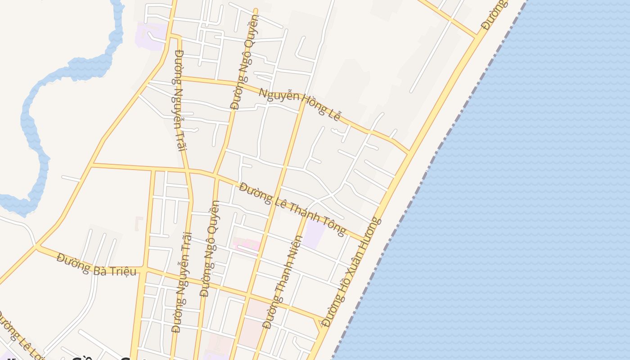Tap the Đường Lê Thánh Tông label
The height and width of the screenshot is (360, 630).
tap(292, 209)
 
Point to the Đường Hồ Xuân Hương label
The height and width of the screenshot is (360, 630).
tap(352, 272)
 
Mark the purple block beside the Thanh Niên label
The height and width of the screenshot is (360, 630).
tap(314, 234)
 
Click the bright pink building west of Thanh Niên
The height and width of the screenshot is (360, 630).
tap(246, 245)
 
